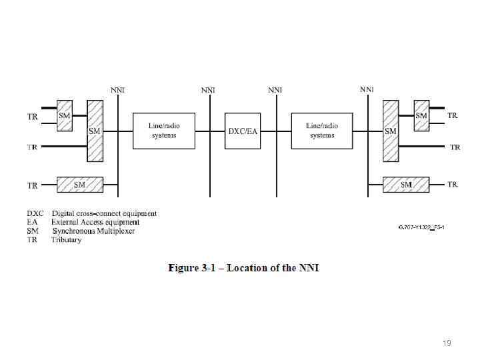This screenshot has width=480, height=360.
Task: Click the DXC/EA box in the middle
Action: pyautogui.click(x=243, y=131)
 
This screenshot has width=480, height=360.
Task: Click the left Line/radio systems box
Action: pyautogui.click(x=163, y=131)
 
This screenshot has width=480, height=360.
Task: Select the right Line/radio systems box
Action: pyautogui.click(x=322, y=131)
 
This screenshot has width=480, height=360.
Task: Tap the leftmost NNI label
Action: pyautogui.click(x=117, y=90)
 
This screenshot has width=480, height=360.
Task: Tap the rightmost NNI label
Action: pyautogui.click(x=367, y=89)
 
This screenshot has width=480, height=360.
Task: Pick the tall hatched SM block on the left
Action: pyautogui.click(x=95, y=131)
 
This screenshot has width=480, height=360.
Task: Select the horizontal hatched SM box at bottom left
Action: pyautogui.click(x=80, y=185)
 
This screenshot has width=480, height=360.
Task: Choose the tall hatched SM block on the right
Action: pyautogui.click(x=391, y=131)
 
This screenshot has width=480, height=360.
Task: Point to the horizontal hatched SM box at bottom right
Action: pyautogui.click(x=406, y=185)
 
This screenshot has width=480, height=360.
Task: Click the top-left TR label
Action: pyautogui.click(x=32, y=117)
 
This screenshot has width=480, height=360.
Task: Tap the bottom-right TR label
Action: pyautogui.click(x=453, y=184)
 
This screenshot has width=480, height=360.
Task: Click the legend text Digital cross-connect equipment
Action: pyautogui.click(x=104, y=214)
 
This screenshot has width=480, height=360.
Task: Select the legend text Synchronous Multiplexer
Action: pyautogui.click(x=93, y=231)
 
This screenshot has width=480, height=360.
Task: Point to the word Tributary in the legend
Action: pyautogui.click(x=66, y=240)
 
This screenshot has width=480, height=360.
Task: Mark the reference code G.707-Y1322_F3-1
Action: pyautogui.click(x=421, y=228)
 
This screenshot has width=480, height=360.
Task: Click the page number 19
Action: pyautogui.click(x=447, y=343)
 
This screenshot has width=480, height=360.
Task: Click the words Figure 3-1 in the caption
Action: pyautogui.click(x=193, y=268)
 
